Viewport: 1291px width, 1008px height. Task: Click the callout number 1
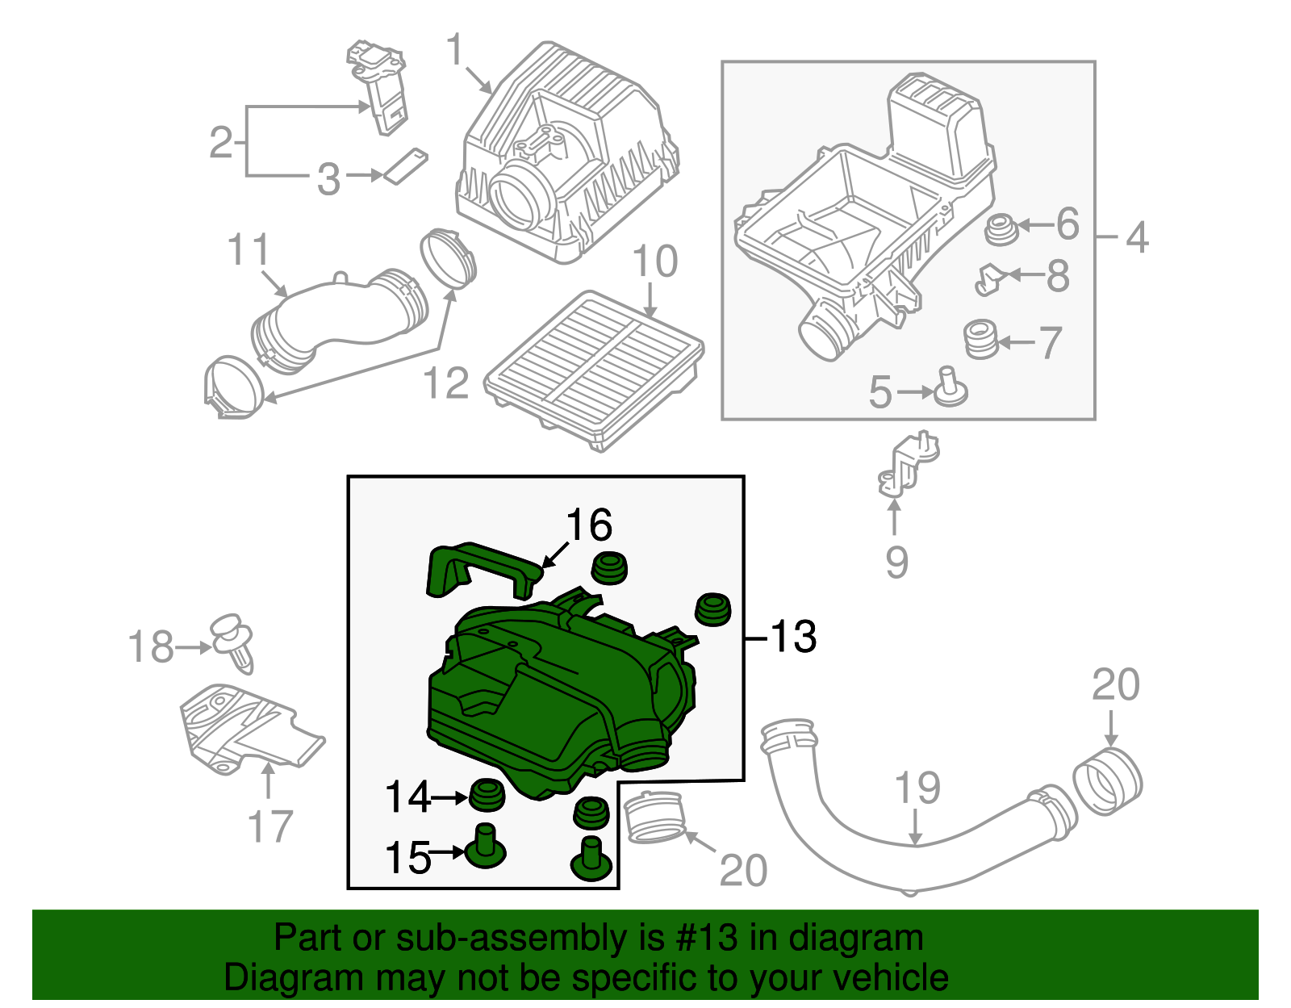456,50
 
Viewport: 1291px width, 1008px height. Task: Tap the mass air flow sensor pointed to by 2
379,89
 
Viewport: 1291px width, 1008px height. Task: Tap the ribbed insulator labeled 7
981,339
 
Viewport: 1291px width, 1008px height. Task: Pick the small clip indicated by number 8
988,278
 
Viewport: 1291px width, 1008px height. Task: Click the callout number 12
445,383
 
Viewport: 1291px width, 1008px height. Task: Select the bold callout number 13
794,637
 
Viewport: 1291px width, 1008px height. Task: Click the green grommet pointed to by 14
487,795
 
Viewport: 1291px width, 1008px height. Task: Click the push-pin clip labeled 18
232,642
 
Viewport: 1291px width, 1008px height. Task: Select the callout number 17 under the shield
269,826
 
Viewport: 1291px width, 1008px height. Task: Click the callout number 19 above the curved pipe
917,788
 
